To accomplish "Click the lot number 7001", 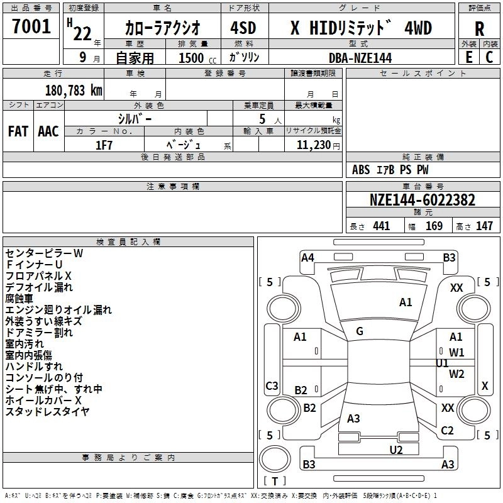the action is click(31, 26).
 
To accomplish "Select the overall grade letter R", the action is click(479, 29).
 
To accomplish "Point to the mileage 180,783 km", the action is click(74, 90).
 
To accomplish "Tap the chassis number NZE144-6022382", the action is click(422, 201).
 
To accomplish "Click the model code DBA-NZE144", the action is click(360, 57).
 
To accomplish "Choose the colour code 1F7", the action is click(104, 144).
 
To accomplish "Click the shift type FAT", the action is click(18, 131).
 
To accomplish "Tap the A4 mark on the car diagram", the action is click(307, 257).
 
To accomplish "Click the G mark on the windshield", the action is click(360, 331).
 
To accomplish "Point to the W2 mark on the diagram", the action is click(456, 374).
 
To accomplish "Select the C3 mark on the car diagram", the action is click(272, 385).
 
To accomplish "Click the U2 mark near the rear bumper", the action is click(396, 449).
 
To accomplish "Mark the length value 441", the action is click(381, 226).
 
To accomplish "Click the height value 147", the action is click(484, 226).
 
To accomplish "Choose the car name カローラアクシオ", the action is click(163, 28).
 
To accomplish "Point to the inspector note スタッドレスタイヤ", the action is click(48, 412).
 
